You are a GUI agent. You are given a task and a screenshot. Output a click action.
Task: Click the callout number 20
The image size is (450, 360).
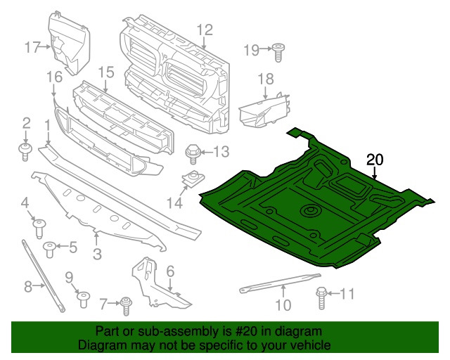[x=375, y=160]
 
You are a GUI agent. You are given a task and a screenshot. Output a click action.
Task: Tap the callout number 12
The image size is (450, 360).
[x=204, y=30]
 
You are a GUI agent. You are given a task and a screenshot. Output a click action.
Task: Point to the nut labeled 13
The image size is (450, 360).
[x=191, y=151]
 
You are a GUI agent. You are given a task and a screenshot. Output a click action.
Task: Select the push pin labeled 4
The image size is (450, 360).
[x=40, y=226]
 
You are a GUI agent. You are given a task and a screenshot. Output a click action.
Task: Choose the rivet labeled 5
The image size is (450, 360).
[x=51, y=247]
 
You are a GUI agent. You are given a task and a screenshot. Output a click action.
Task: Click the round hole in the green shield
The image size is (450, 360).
[x=309, y=211]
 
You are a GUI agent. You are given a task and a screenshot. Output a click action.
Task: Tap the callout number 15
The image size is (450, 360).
[x=105, y=72]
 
